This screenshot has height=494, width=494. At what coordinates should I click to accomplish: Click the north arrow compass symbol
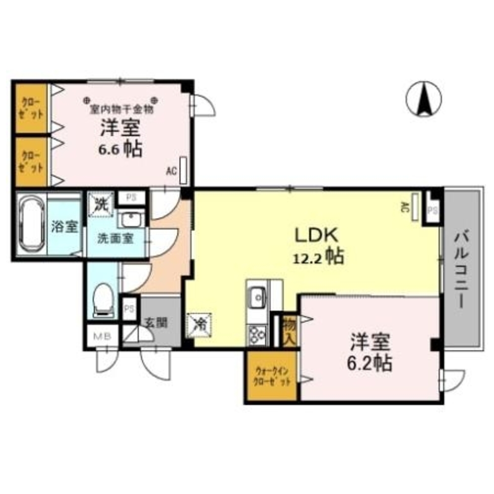tap(424, 98)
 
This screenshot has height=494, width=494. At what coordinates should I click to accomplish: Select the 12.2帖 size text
tap(319, 257)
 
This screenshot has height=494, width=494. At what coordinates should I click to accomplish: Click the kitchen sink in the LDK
tap(257, 297)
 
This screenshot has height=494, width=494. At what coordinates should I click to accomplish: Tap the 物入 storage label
tap(289, 331)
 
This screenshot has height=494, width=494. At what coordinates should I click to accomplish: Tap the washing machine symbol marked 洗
tap(101, 204)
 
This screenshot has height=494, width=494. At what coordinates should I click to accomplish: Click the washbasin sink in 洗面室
tap(131, 218)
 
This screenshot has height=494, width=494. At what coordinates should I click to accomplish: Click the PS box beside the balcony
tap(433, 209)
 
